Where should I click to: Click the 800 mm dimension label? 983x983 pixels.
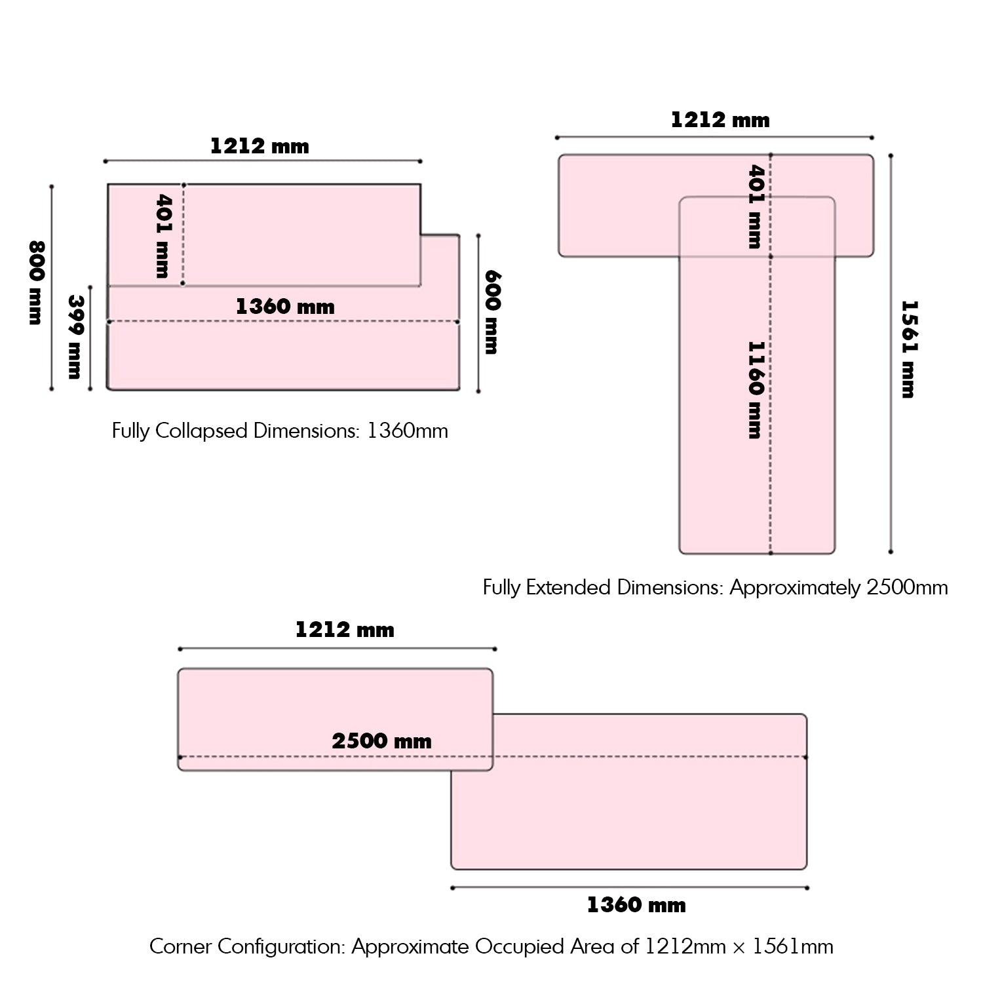(x=35, y=282)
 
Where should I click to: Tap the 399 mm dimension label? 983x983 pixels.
(x=75, y=337)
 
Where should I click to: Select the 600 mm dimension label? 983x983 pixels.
(x=492, y=312)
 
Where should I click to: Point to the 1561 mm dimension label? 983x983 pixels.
(x=908, y=349)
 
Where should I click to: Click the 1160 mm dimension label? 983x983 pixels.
(x=756, y=389)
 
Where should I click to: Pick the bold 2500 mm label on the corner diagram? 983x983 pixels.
(x=381, y=741)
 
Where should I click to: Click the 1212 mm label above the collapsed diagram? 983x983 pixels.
(x=260, y=145)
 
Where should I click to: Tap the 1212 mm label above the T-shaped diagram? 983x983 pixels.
(x=720, y=120)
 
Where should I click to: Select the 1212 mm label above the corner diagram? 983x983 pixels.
(x=345, y=630)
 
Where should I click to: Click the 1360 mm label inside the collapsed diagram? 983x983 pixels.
(x=285, y=306)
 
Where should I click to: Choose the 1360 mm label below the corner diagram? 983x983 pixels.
(x=636, y=905)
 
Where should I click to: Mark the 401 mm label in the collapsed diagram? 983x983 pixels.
(x=162, y=235)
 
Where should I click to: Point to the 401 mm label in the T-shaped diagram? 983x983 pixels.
(x=756, y=206)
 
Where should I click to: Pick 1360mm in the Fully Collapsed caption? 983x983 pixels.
(x=407, y=431)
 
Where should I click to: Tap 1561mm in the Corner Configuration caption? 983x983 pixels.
(x=792, y=946)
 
